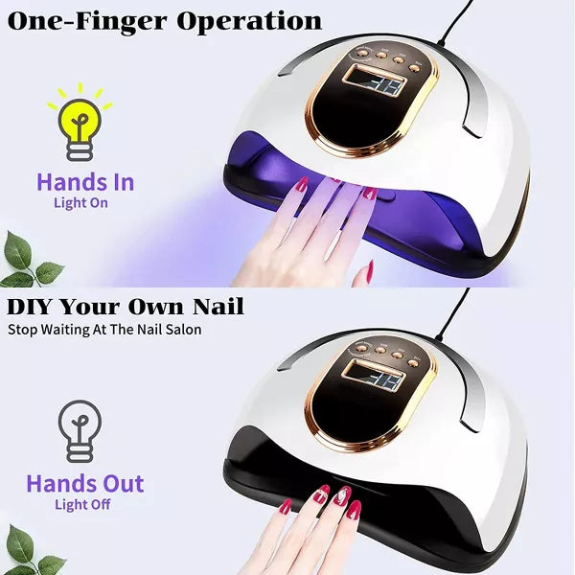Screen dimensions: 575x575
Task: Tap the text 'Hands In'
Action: coord(84,182)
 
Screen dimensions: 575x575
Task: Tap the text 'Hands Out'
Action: coord(84,483)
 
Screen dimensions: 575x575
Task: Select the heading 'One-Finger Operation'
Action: coord(164,20)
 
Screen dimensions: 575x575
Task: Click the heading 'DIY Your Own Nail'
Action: coord(126,308)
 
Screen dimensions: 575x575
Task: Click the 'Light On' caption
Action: coord(80,203)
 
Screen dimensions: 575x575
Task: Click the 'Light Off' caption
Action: coord(83,504)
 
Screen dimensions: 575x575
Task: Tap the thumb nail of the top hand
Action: coord(366,274)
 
